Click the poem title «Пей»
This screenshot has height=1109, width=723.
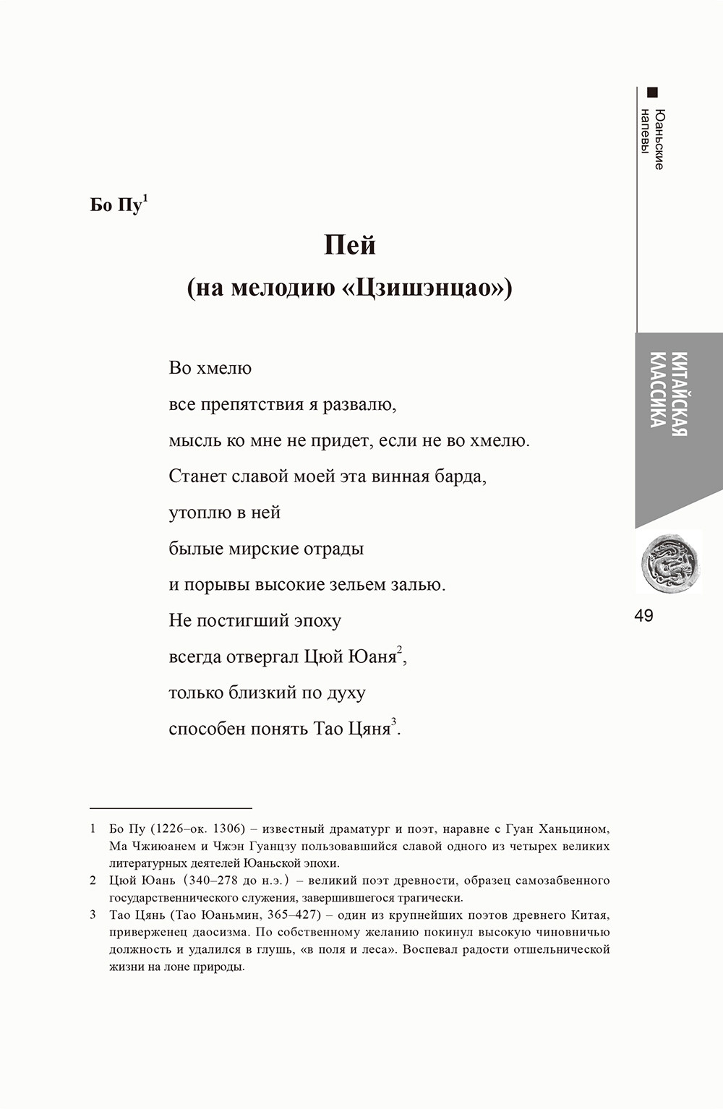click(349, 246)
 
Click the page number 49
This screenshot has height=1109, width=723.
click(643, 615)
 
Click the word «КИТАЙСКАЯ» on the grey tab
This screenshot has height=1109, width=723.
click(678, 395)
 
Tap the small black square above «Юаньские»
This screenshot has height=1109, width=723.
click(653, 92)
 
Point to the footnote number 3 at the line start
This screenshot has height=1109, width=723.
click(93, 915)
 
